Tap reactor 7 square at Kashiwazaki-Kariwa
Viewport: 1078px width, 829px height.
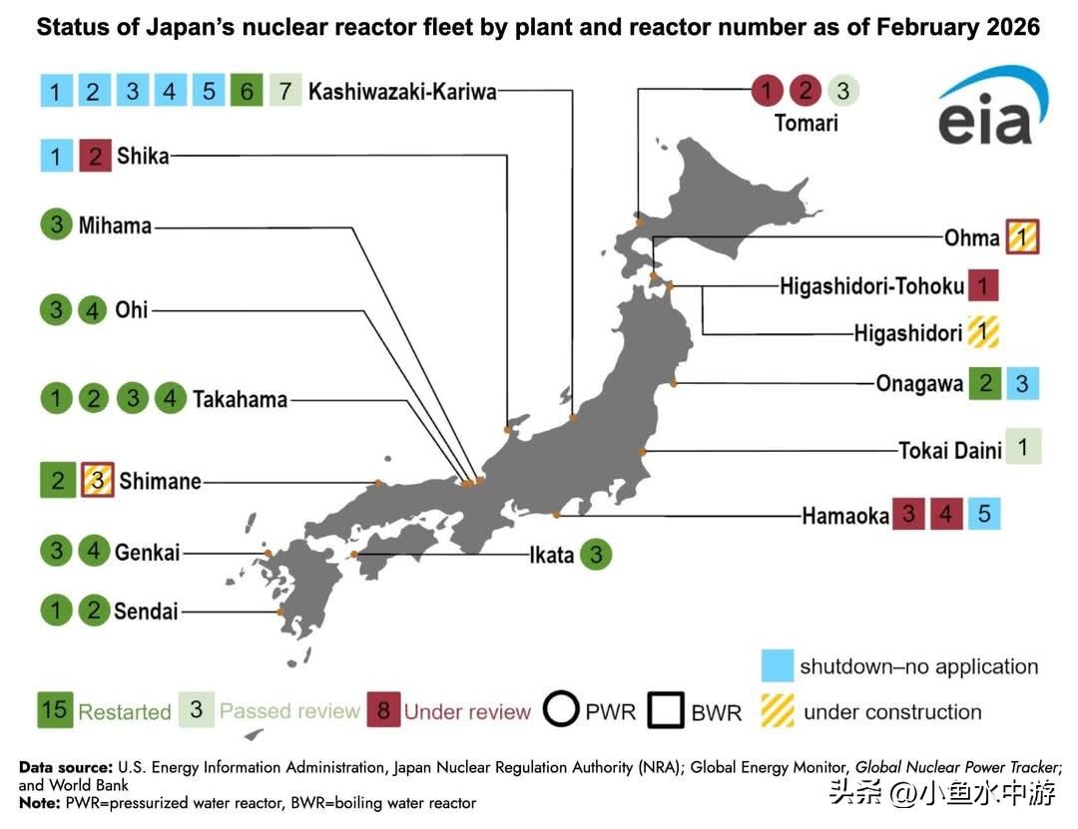[284, 92]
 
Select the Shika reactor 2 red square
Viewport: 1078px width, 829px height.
[94, 156]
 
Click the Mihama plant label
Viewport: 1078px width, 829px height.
[115, 225]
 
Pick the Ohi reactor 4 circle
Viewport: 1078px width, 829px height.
[93, 310]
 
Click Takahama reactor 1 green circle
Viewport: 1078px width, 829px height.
[56, 399]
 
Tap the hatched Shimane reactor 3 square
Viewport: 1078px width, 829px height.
[97, 481]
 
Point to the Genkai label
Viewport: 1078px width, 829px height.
[147, 552]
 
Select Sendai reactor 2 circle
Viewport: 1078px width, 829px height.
[93, 610]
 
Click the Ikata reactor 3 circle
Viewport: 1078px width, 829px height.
[596, 554]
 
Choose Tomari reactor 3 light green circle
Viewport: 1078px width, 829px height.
[842, 91]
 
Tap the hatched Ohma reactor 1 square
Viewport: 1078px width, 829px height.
[1022, 237]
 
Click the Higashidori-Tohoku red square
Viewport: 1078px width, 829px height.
[983, 286]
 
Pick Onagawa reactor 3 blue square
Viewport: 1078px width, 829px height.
[1022, 383]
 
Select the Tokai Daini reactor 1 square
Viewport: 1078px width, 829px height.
[1023, 446]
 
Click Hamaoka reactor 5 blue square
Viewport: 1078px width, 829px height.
[984, 514]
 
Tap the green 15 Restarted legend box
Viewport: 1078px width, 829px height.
[55, 710]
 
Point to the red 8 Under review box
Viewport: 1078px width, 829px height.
[382, 710]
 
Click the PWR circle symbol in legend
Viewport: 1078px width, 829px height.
[562, 711]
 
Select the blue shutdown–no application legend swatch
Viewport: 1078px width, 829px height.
[777, 666]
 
